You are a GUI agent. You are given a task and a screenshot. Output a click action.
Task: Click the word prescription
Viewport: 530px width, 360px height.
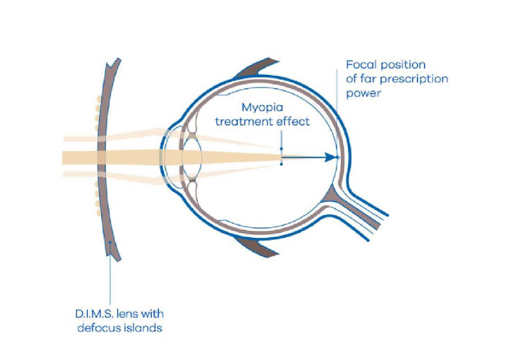pyautogui.click(x=412, y=79)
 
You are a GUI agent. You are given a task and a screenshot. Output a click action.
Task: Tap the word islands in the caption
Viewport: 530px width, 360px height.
pyautogui.click(x=144, y=328)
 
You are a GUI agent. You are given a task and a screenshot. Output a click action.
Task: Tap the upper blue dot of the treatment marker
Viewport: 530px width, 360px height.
pyautogui.click(x=281, y=149)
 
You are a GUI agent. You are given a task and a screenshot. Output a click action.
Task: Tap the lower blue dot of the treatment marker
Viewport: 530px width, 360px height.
pyautogui.click(x=281, y=164)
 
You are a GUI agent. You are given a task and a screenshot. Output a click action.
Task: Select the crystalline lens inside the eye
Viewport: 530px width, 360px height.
pyautogui.click(x=191, y=157)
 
